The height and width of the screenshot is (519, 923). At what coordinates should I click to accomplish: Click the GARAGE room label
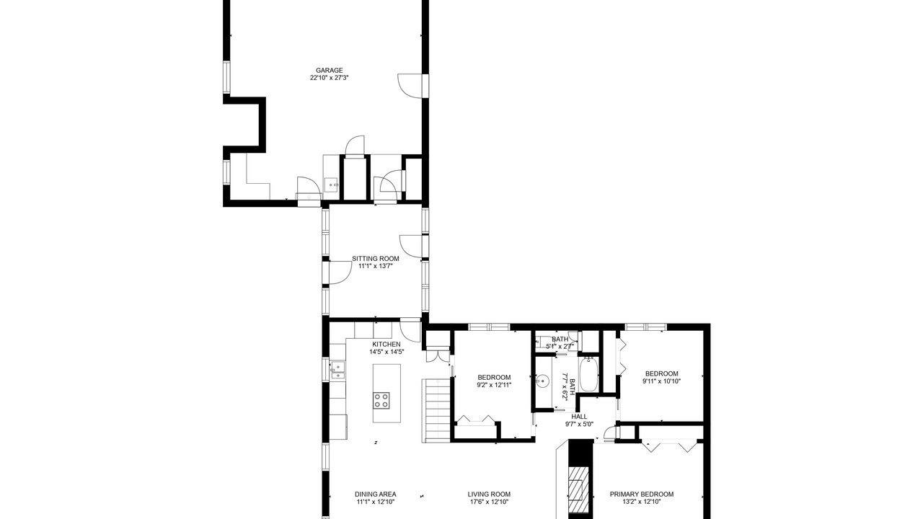click(x=330, y=71)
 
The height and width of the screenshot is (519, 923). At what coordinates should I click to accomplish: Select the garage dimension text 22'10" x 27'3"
click(x=330, y=77)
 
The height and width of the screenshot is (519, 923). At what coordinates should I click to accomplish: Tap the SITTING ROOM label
click(x=376, y=259)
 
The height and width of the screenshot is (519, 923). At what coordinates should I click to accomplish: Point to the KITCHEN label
click(x=386, y=345)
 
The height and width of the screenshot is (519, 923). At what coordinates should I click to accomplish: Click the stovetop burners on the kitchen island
click(x=381, y=400)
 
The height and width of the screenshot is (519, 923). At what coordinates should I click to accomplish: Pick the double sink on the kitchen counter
click(x=337, y=370)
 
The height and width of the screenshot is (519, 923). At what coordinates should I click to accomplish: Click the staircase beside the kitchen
click(x=436, y=410)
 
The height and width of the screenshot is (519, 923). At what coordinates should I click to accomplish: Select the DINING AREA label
click(x=376, y=494)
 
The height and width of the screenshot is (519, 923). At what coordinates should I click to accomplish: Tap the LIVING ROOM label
click(x=489, y=494)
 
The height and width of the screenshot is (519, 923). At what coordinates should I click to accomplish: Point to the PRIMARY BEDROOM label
click(x=642, y=494)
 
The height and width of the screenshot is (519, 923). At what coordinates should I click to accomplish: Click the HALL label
click(x=579, y=417)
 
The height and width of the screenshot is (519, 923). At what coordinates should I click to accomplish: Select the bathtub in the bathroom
click(x=589, y=374)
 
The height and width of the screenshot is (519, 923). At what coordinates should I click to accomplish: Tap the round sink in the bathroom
click(x=543, y=381)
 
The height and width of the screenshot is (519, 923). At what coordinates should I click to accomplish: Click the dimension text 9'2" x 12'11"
click(x=494, y=385)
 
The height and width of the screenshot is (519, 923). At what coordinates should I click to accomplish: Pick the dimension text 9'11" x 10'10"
click(x=661, y=381)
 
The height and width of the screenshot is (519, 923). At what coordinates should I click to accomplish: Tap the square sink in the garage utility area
click(x=331, y=185)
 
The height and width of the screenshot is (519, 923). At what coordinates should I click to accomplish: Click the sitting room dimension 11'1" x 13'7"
click(x=376, y=266)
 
